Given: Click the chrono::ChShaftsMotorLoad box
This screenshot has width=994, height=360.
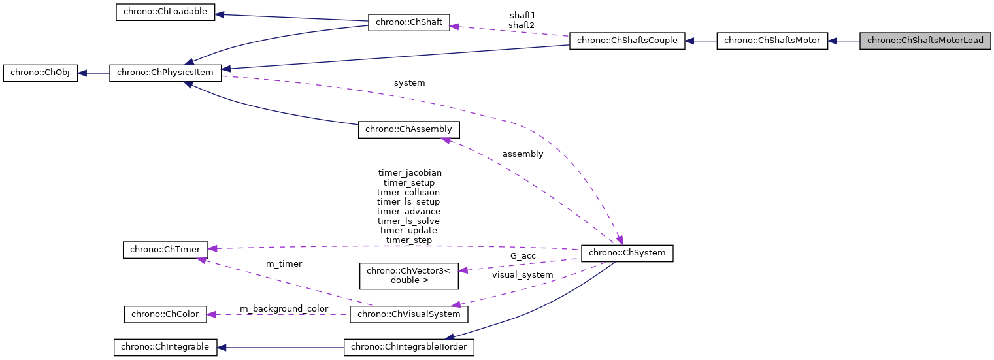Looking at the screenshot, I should click(925, 41).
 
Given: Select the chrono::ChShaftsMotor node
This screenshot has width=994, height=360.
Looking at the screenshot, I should click(772, 41).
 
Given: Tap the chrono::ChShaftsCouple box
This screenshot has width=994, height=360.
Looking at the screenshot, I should click(627, 41).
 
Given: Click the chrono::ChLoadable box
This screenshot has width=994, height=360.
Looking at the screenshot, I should click(165, 13).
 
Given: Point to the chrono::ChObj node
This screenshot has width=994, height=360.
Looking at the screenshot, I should click(41, 73).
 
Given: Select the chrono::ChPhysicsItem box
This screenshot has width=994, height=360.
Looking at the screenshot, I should click(166, 73).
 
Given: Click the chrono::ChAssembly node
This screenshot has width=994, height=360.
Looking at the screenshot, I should click(408, 129).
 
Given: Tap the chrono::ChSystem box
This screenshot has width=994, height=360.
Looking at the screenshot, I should click(627, 253).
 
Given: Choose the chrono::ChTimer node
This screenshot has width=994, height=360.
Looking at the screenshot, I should click(165, 249).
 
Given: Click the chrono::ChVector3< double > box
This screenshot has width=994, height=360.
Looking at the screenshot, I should click(408, 276).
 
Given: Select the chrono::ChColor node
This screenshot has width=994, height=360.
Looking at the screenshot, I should click(165, 314).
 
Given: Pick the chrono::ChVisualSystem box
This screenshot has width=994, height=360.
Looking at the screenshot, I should click(409, 314).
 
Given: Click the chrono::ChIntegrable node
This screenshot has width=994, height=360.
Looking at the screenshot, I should click(165, 347).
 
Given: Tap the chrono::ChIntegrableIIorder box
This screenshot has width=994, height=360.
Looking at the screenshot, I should click(408, 347).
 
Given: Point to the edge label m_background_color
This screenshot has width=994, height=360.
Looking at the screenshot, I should click(284, 308).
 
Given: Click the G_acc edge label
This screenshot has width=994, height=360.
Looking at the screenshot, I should click(523, 256).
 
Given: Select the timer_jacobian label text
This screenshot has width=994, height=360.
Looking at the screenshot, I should click(410, 173).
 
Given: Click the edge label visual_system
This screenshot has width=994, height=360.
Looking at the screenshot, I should click(522, 275).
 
